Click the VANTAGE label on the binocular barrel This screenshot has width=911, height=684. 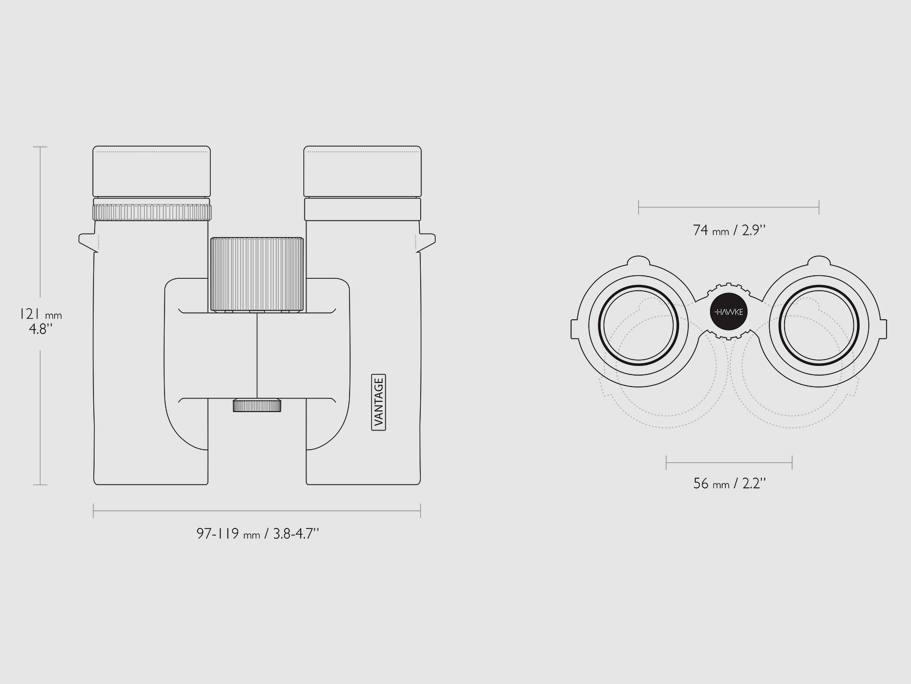point(379,402)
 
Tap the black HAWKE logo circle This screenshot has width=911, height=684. point(728,311)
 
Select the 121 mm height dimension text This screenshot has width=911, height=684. point(40,315)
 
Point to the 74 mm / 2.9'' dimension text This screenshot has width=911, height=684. point(729,230)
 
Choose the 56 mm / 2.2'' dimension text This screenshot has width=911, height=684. point(729,483)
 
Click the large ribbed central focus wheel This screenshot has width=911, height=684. point(257,274)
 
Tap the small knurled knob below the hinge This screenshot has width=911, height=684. point(257,405)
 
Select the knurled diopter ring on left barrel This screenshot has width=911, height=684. point(152,212)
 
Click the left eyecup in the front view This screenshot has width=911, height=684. point(151,171)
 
